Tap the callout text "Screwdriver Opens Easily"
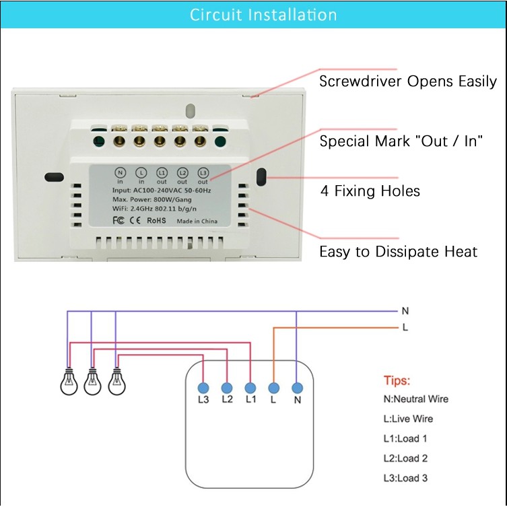point(407,81)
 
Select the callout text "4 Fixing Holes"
point(370,191)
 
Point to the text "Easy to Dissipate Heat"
point(398,252)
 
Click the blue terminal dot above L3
point(203,388)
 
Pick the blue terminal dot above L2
point(227,388)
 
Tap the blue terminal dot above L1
point(250,388)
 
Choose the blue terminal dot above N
point(296,388)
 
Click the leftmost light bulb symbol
point(67,382)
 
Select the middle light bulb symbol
point(92,382)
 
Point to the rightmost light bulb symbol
point(116,382)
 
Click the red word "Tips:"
point(397,380)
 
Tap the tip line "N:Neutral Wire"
point(415,399)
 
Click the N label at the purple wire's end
point(405,311)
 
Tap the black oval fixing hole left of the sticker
point(53,178)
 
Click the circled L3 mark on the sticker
point(203,172)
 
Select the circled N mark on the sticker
point(121,172)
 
